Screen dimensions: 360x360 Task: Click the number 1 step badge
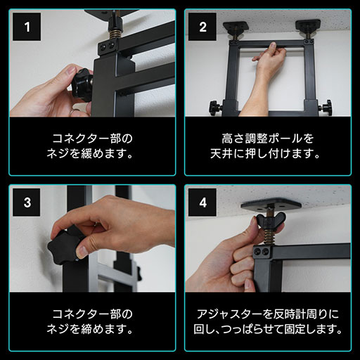27,28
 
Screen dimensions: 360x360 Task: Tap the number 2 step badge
202,28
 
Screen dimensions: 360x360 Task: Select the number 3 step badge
27,203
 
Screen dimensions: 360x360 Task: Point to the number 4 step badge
202,203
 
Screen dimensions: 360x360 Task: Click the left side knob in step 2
214,108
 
